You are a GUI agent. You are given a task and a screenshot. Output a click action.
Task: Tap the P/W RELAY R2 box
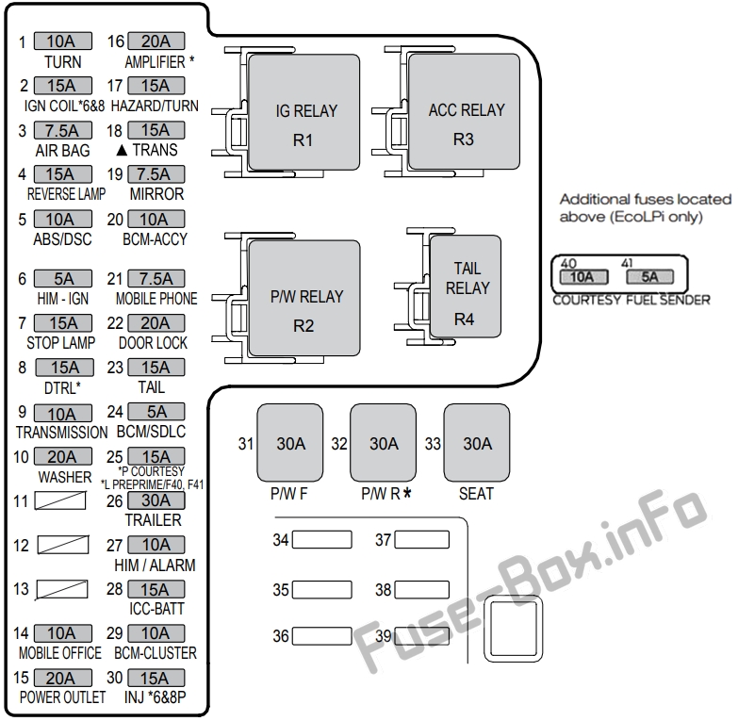click(303, 310)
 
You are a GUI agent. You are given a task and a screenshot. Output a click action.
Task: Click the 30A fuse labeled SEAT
click(477, 443)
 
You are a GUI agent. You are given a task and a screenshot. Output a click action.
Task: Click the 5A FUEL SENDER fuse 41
click(649, 278)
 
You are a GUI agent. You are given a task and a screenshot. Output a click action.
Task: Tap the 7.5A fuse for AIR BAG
click(62, 130)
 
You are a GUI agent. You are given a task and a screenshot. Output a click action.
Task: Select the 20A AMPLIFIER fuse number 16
click(156, 41)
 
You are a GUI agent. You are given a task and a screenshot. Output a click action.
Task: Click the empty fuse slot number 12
click(62, 546)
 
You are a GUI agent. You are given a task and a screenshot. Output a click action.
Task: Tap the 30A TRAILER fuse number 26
click(156, 500)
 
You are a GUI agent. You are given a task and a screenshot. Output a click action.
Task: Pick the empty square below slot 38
click(514, 630)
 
